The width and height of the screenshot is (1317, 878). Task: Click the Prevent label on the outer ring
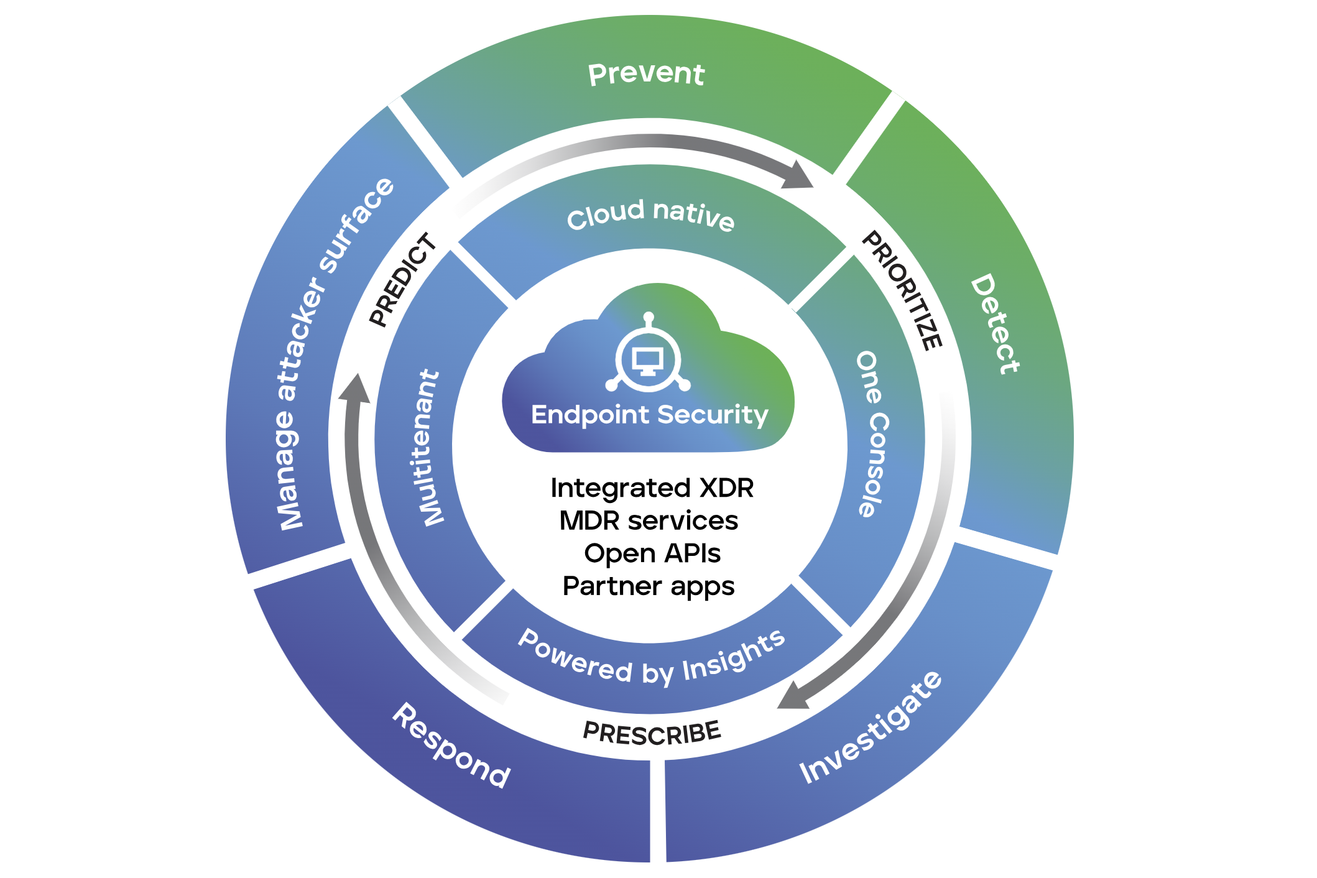click(646, 74)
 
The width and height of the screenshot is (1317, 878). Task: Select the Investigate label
click(871, 727)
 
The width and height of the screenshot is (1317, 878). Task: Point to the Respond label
click(451, 746)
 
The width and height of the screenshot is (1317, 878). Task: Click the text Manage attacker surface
click(333, 353)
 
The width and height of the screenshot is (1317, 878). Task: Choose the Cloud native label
click(650, 215)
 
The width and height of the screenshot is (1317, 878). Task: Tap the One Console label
click(873, 434)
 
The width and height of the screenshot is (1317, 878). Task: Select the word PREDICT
click(403, 279)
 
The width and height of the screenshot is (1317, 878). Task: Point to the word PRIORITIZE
click(902, 290)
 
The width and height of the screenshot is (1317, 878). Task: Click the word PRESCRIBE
click(652, 732)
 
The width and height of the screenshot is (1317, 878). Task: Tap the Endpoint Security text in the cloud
click(650, 415)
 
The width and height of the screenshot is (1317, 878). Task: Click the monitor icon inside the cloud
click(648, 361)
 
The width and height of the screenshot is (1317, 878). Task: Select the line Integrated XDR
click(652, 488)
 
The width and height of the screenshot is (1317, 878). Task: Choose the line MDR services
click(649, 521)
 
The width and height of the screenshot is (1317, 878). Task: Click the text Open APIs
click(652, 553)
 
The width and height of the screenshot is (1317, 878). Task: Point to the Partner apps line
click(649, 586)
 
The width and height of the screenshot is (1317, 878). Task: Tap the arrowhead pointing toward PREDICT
click(354, 388)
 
